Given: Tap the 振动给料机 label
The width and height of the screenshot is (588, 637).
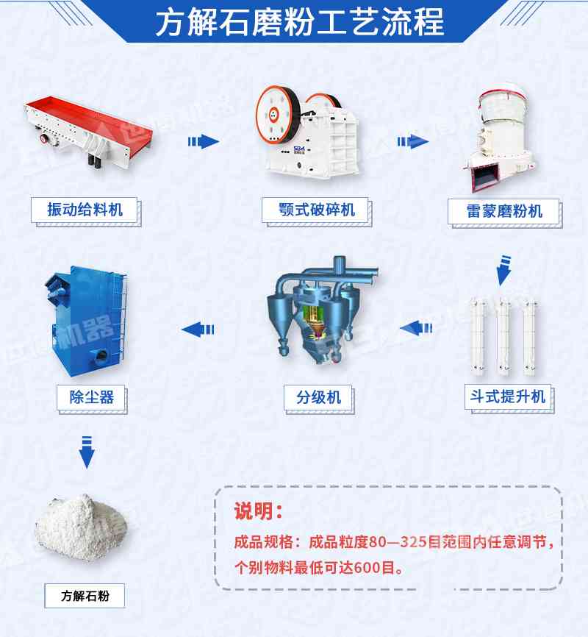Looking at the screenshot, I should (x=85, y=210).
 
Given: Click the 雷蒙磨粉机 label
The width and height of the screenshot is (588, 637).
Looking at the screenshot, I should (x=504, y=211).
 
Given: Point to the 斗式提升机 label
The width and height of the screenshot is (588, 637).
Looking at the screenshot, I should (x=508, y=396).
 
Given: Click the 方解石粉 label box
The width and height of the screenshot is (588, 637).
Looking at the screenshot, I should (x=85, y=596).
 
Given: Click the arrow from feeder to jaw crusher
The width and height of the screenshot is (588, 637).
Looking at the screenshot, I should (x=204, y=141).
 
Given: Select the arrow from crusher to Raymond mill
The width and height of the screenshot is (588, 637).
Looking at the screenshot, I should (x=413, y=141).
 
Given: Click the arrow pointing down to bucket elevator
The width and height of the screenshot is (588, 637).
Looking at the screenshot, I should (x=503, y=270).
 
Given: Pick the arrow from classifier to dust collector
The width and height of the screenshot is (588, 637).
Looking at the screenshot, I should (x=198, y=329).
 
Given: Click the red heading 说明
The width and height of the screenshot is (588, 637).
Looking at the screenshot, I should (x=257, y=510).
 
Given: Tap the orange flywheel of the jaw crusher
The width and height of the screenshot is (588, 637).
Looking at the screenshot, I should (x=273, y=114).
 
